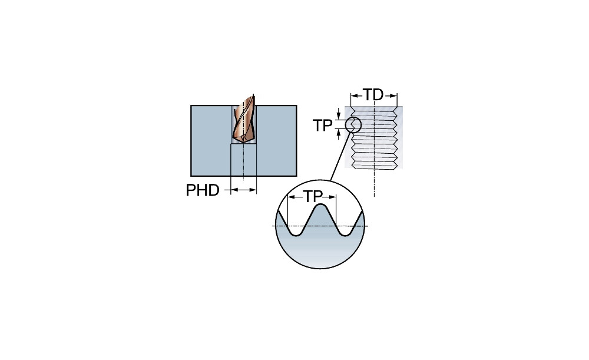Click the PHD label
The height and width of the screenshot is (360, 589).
point(203,190)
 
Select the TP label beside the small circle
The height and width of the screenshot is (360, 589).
point(323,125)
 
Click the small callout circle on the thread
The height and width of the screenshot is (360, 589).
point(352,125)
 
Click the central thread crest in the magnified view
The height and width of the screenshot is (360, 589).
point(320,207)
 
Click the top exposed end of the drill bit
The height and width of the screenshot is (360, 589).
point(252,97)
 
